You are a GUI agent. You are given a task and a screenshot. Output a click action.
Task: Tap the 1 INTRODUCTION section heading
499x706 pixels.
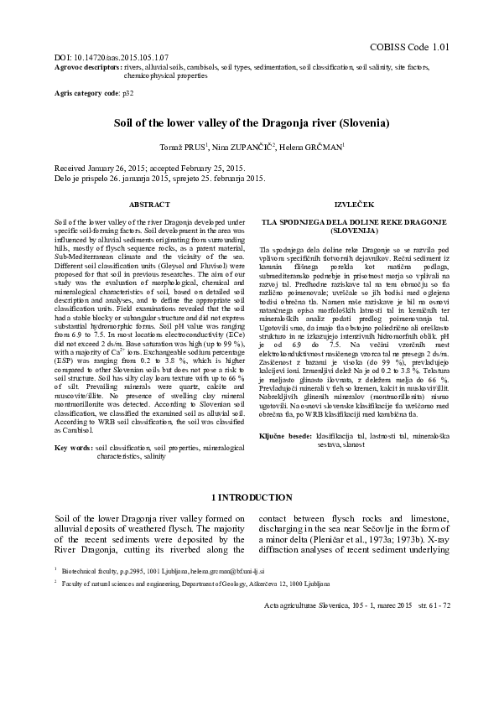tap(250, 497)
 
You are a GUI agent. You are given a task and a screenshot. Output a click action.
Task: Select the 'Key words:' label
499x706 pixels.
tap(73, 449)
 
